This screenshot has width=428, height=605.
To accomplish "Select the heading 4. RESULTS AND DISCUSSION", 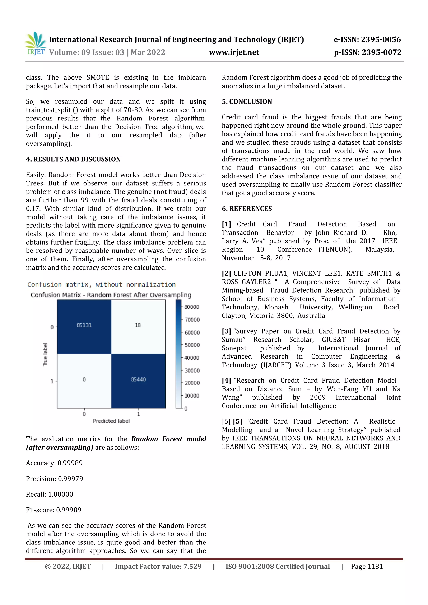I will point(73,159).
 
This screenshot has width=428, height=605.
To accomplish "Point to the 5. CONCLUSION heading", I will point(247,101).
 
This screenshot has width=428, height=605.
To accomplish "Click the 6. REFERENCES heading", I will point(247,208).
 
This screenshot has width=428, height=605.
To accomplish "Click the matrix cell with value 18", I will point(138,325).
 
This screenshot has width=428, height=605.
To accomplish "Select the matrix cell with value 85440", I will point(138,380).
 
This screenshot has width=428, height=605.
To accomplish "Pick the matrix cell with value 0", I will point(84,380).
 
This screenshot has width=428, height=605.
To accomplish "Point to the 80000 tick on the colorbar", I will point(191,307).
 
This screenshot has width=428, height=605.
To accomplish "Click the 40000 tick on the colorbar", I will point(192,358).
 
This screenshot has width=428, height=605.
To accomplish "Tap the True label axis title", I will point(45,354).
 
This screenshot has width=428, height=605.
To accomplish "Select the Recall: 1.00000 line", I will point(49,494).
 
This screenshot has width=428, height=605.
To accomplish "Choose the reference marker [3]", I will point(226,331).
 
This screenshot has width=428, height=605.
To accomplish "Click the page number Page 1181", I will point(367,567).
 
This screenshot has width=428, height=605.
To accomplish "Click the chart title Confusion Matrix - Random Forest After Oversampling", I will point(111,295).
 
